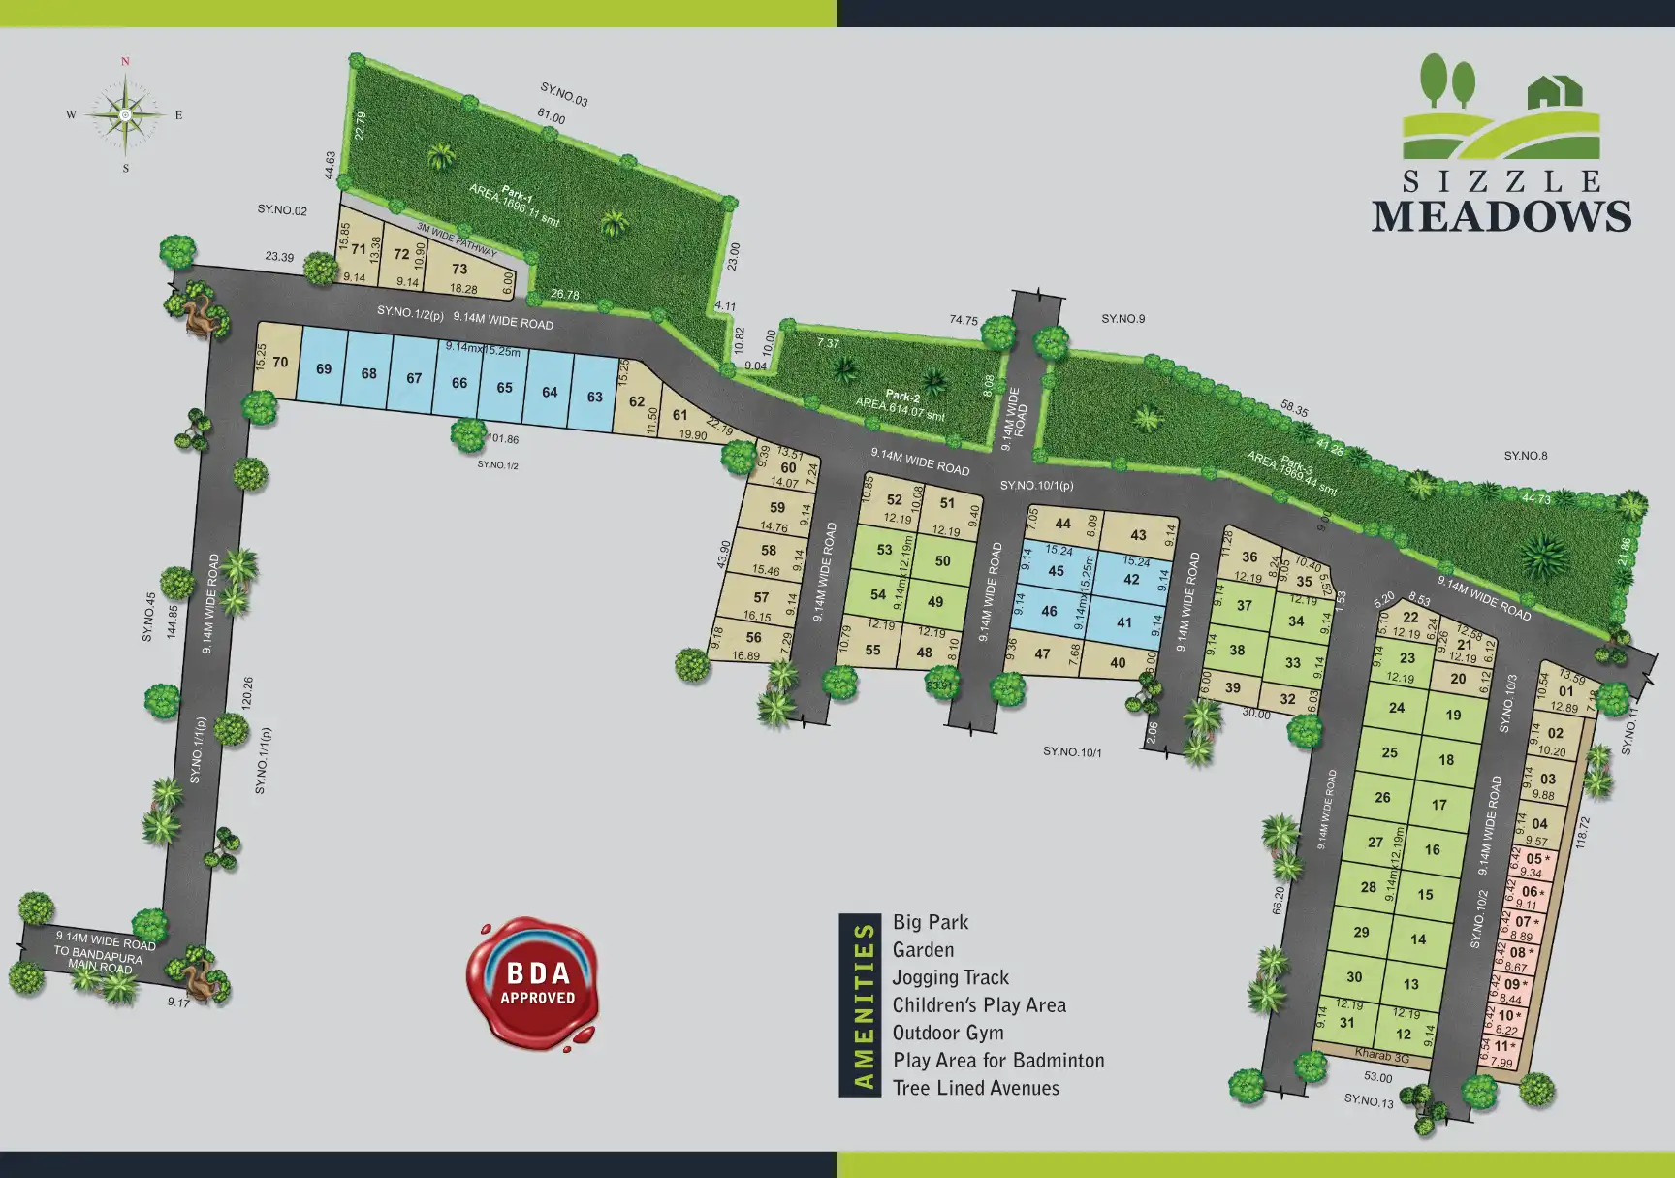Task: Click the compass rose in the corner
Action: (x=125, y=114)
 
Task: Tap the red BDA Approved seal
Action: (x=535, y=981)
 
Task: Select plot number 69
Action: (x=324, y=369)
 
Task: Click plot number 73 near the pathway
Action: (x=459, y=270)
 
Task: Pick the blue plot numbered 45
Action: (x=1057, y=571)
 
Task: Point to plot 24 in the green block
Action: (x=1396, y=708)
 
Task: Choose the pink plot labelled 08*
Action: (x=1519, y=952)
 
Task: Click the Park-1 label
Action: (x=515, y=196)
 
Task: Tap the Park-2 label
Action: (x=901, y=397)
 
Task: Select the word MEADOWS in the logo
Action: (x=1501, y=215)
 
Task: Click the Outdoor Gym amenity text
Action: (x=947, y=1033)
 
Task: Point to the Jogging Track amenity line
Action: (x=950, y=977)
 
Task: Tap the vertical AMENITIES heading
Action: (x=859, y=1005)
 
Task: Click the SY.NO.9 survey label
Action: (x=1122, y=319)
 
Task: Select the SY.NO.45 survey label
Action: (x=148, y=617)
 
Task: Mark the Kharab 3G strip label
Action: (x=1381, y=1056)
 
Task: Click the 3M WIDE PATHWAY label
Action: (x=456, y=239)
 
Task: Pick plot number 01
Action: (x=1566, y=691)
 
